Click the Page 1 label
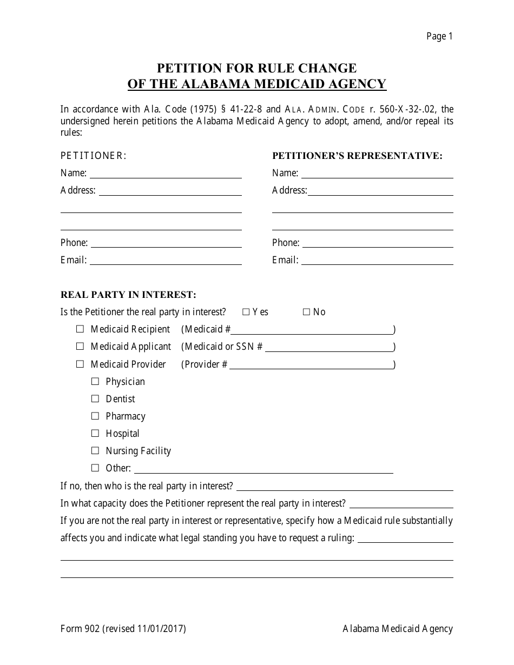(x=439, y=36)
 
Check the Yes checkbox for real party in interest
(x=246, y=312)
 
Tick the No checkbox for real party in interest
(x=306, y=312)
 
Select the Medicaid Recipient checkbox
(x=80, y=329)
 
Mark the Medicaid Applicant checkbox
(x=80, y=346)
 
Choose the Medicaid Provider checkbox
(x=80, y=364)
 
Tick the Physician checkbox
(x=95, y=381)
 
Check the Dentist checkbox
(x=95, y=398)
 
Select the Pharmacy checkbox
(x=95, y=416)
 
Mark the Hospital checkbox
(x=95, y=433)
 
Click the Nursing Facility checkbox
(x=95, y=450)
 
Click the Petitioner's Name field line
(x=166, y=175)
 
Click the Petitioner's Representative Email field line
(x=377, y=262)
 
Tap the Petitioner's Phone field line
(x=166, y=244)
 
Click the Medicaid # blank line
(x=313, y=331)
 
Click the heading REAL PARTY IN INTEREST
(x=128, y=295)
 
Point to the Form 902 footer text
(x=123, y=629)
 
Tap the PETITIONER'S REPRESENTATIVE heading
(x=357, y=156)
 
